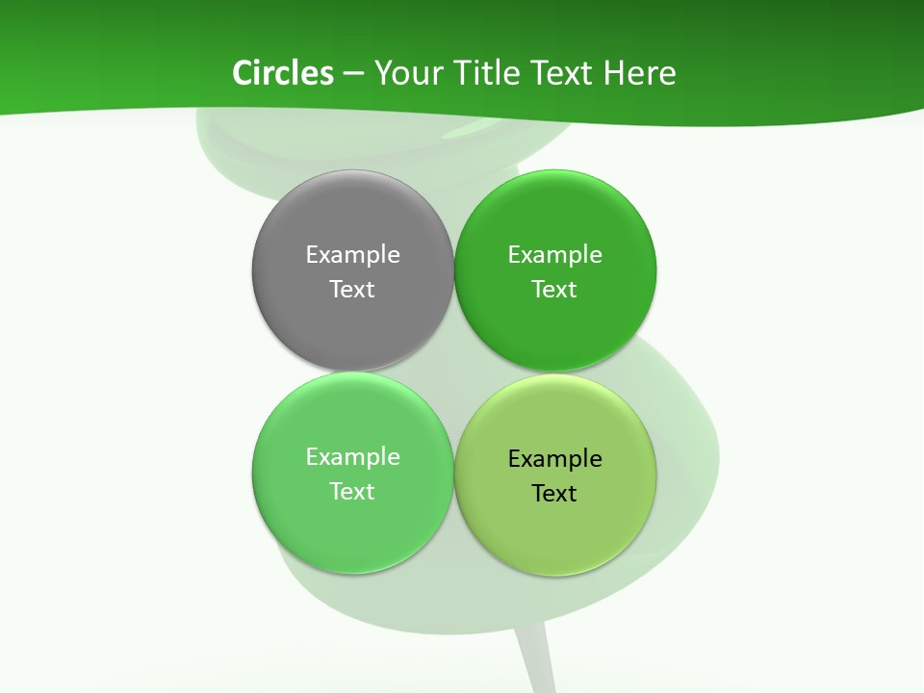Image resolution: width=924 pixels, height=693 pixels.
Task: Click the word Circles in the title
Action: pyautogui.click(x=282, y=73)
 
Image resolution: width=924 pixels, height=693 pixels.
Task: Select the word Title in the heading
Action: pyautogui.click(x=487, y=73)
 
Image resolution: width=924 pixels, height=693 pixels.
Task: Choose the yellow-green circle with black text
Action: pyautogui.click(x=555, y=534)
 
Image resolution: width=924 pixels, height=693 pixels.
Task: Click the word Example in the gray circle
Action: pyautogui.click(x=352, y=255)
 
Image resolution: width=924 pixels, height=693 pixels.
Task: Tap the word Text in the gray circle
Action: pyautogui.click(x=352, y=290)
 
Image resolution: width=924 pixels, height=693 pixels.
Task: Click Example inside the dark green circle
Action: pyautogui.click(x=555, y=255)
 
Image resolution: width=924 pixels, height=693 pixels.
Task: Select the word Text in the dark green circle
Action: pyautogui.click(x=555, y=290)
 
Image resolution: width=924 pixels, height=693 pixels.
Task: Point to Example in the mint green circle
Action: pyautogui.click(x=352, y=457)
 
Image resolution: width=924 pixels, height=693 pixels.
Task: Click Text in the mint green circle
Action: pyautogui.click(x=352, y=492)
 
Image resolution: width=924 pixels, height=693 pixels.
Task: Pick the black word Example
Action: pyautogui.click(x=555, y=459)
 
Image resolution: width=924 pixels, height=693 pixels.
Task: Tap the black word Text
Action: pyautogui.click(x=555, y=494)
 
